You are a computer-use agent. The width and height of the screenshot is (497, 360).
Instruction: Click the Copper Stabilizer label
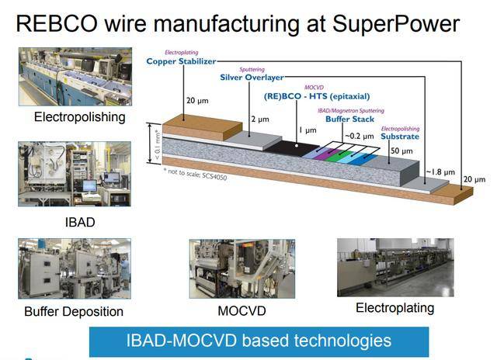pos(180,60)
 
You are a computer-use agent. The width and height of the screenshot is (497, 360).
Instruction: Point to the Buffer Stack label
pos(349,119)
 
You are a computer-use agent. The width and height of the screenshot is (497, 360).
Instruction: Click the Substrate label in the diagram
pos(400,136)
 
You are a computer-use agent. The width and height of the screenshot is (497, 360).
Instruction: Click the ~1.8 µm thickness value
pos(440,172)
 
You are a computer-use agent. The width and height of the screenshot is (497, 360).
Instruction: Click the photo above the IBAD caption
pos(64,174)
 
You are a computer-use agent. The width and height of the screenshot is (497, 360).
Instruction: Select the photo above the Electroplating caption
pos(394,267)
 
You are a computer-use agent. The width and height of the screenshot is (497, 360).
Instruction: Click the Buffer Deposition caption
pos(74,312)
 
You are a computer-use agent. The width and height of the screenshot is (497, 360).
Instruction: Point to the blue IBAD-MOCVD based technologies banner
pos(259,341)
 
